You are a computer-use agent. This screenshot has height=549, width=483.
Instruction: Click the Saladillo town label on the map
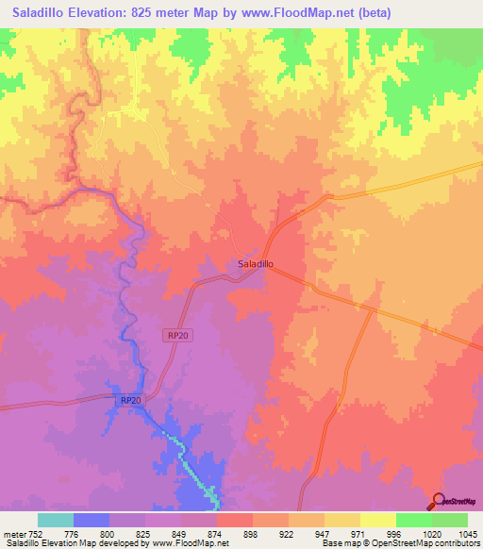pos(255,265)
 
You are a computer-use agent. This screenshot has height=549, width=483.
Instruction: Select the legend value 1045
pos(467,533)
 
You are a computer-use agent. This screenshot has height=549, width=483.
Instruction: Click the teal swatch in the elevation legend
pos(55,520)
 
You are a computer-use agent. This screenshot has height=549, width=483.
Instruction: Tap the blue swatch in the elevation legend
pos(91,520)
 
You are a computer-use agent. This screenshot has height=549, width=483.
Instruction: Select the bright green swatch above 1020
pos(413,520)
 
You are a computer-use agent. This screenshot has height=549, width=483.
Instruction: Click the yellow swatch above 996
pos(377,520)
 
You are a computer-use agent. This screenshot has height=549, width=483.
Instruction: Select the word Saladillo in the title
pos(36,13)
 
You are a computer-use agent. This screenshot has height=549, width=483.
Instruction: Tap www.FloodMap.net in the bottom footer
pos(192,543)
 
